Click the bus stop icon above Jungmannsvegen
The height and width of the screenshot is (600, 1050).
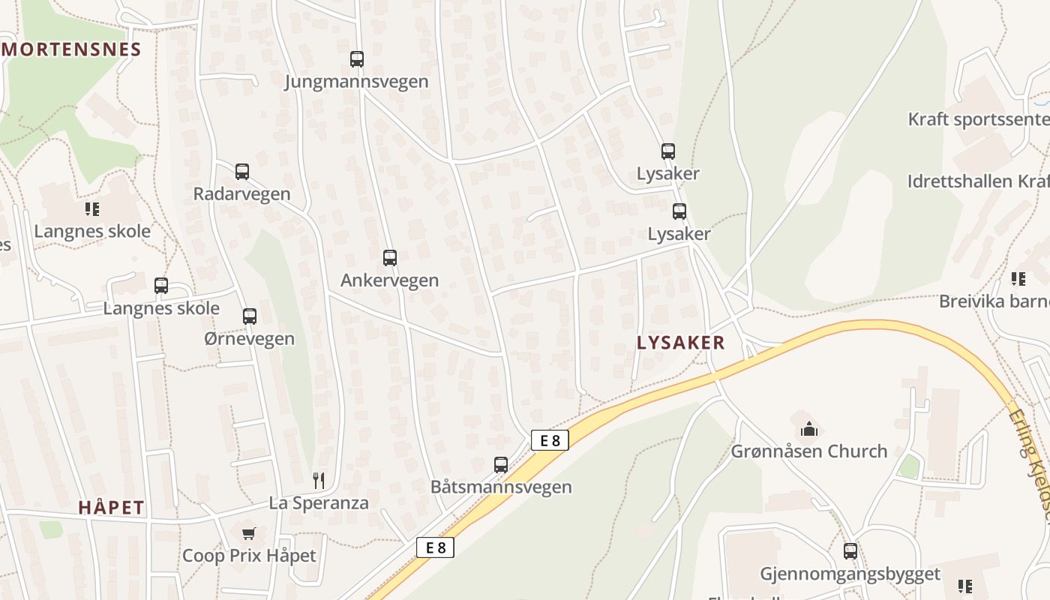(x=357, y=59)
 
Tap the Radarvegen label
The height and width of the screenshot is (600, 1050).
(x=241, y=193)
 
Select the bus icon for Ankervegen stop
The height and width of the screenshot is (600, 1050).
(x=390, y=258)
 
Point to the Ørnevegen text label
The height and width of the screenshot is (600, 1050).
(x=250, y=339)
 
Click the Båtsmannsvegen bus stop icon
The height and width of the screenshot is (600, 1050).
(x=501, y=465)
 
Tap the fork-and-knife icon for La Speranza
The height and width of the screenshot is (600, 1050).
(x=319, y=480)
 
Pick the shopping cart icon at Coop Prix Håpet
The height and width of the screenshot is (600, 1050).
(x=249, y=533)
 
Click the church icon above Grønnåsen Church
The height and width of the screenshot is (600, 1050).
(x=809, y=430)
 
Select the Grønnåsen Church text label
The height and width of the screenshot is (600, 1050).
(x=809, y=451)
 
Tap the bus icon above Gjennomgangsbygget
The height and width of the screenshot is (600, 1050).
(x=850, y=551)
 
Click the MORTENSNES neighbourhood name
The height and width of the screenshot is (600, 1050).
(x=72, y=50)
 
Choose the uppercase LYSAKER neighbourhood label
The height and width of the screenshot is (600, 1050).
(x=681, y=343)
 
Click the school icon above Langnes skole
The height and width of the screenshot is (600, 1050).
(x=92, y=209)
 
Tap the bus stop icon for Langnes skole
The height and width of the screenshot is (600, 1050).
(x=161, y=286)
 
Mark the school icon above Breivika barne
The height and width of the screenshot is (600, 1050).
(x=1018, y=279)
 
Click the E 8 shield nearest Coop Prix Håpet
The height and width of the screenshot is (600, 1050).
(x=436, y=547)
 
